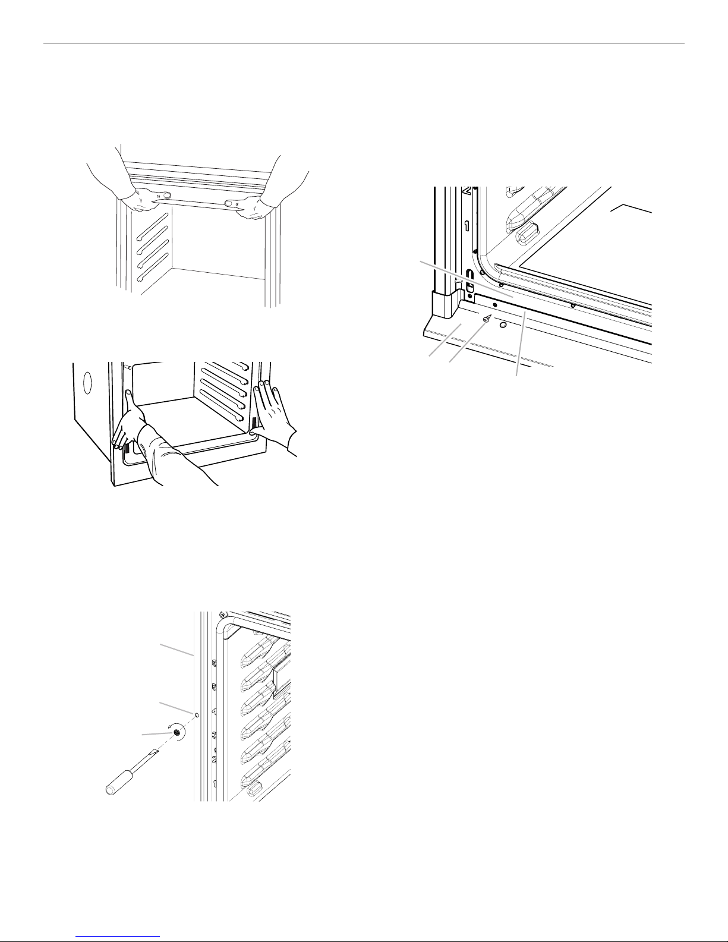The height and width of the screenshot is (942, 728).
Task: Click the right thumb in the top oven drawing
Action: click(x=230, y=203)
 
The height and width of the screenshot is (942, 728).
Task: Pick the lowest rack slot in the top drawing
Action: click(x=153, y=271)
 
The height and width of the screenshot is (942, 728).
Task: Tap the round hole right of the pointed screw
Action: click(x=503, y=325)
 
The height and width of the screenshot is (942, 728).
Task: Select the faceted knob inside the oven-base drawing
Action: click(x=525, y=235)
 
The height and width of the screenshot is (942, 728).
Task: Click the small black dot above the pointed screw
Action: click(x=495, y=304)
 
